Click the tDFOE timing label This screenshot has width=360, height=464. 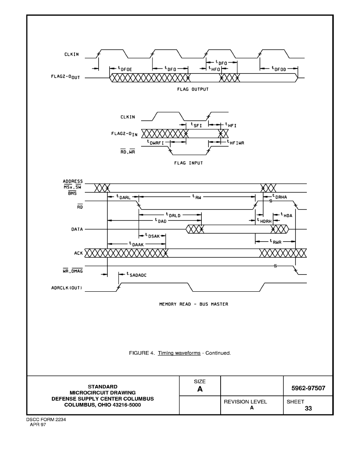125,69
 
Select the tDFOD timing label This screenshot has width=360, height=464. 279,69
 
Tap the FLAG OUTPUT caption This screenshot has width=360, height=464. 193,89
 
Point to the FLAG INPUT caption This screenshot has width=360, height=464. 189,163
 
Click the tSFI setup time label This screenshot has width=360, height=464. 196,125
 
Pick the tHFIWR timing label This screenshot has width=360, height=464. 236,142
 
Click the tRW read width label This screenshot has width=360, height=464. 196,196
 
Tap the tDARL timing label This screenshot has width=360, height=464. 124,196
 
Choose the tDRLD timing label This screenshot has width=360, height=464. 173,215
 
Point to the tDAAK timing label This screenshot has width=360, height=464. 136,244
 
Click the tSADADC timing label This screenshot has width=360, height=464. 136,275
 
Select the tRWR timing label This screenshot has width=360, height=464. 275,242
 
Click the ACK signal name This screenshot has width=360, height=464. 78,253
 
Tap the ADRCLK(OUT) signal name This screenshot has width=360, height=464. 67,288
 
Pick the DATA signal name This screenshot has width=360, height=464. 77,229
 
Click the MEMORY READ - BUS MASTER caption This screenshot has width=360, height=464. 193,304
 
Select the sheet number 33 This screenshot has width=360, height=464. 308,408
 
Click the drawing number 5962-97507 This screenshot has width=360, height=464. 308,388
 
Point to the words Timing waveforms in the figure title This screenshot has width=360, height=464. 179,353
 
